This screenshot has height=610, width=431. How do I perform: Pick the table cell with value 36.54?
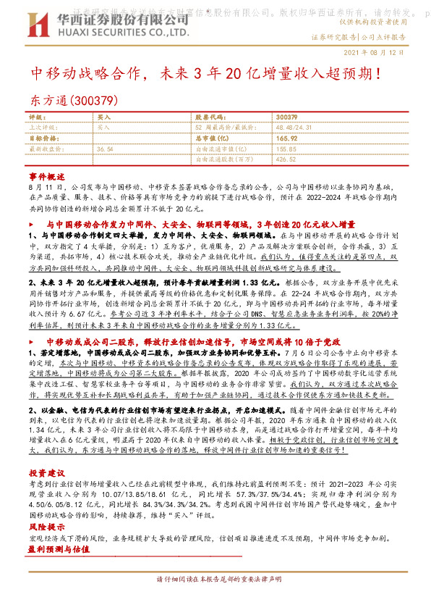[x=106, y=147]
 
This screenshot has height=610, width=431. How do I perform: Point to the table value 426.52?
[x=286, y=158]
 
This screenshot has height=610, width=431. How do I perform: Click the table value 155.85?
[x=286, y=147]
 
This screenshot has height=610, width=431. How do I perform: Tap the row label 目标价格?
[x=42, y=136]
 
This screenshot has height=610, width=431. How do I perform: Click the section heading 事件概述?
[x=47, y=176]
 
